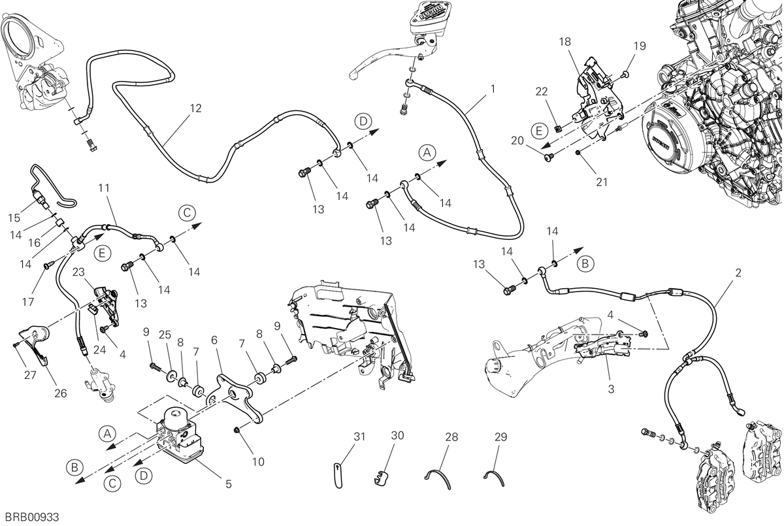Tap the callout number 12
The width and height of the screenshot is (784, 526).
[x=195, y=108]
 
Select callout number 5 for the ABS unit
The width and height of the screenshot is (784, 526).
[x=229, y=484]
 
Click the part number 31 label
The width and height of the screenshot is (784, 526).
[x=359, y=436]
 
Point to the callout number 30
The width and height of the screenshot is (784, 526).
[x=398, y=435]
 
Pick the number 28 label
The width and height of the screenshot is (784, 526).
[x=451, y=436]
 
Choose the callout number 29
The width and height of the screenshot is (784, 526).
[x=501, y=436]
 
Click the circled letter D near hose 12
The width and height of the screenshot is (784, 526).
[x=363, y=121]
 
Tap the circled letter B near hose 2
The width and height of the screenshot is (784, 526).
[x=585, y=263]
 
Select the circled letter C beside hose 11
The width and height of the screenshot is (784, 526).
[x=187, y=213]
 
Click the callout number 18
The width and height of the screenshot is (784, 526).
[x=565, y=42]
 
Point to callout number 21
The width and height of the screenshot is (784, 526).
[x=602, y=182]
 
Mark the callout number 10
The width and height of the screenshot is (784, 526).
[x=258, y=462]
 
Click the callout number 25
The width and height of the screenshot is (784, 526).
[x=165, y=335]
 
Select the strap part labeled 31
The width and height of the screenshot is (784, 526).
[x=338, y=475]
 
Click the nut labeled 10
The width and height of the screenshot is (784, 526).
[x=237, y=429]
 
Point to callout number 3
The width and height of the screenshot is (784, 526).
[x=611, y=389]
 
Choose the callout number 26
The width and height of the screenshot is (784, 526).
[x=61, y=393]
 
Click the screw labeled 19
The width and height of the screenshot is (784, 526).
[x=626, y=74]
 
